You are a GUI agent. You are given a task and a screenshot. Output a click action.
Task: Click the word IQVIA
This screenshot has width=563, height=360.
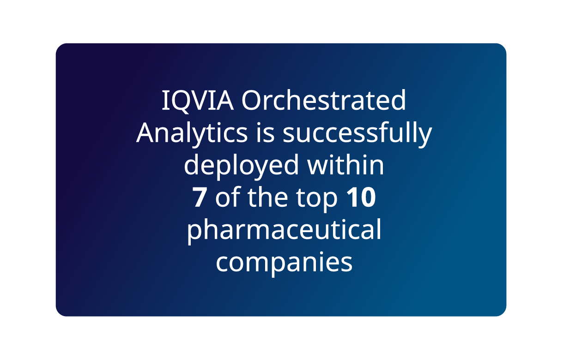point(198,101)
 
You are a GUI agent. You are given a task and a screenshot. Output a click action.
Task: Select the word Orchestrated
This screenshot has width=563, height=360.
point(323,100)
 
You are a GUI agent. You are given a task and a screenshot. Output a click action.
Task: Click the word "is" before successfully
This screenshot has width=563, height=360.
point(265,132)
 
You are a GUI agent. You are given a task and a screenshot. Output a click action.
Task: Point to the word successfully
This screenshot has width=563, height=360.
point(357,134)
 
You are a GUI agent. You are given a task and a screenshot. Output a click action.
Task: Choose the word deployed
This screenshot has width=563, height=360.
point(241,166)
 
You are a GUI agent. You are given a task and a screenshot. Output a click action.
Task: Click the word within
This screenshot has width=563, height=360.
point(345,164)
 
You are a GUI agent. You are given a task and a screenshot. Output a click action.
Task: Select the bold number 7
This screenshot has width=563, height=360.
point(200,198)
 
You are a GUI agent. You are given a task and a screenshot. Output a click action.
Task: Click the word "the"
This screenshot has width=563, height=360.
point(267,197)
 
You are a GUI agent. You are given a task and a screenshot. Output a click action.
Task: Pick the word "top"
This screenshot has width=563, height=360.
point(317,199)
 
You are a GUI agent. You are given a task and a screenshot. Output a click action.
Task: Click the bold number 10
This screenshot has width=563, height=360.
point(361,198)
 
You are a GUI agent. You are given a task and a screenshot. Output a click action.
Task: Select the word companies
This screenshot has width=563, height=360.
point(284,264)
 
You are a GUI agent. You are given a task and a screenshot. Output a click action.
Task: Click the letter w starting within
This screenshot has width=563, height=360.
point(319,167)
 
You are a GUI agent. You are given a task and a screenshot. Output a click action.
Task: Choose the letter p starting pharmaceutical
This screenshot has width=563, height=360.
point(194,234)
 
